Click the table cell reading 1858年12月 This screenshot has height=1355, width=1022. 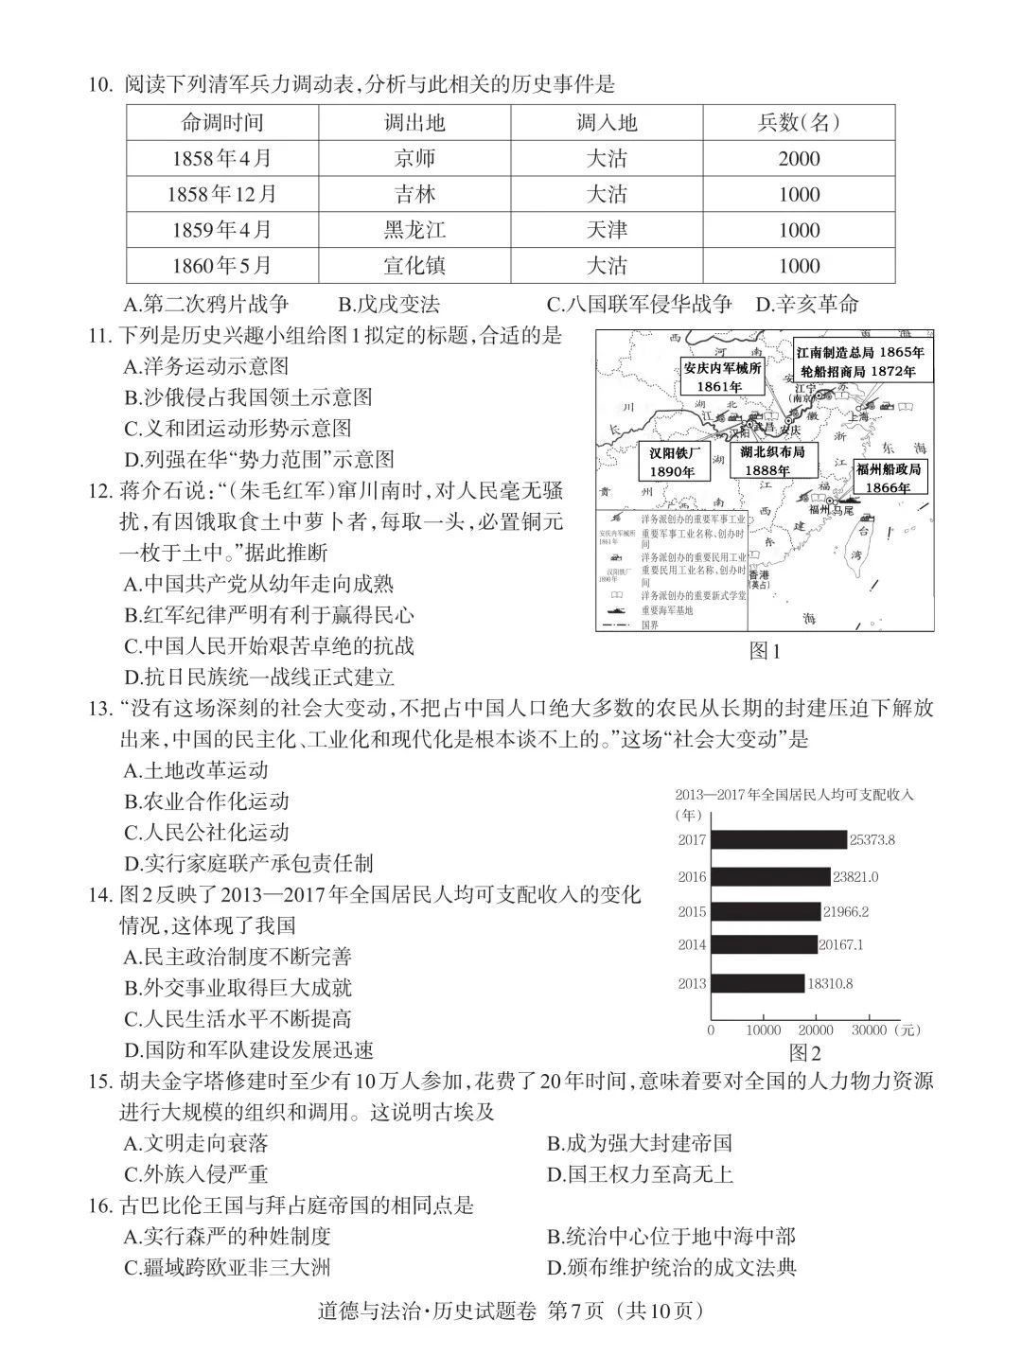click(222, 195)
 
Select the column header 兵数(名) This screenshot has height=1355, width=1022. click(799, 122)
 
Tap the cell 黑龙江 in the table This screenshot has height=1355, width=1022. click(414, 230)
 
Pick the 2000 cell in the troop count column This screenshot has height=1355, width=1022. click(799, 159)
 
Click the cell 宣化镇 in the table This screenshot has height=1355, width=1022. click(414, 266)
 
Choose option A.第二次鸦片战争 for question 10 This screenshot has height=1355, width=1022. click(206, 305)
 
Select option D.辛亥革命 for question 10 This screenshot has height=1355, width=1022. click(807, 305)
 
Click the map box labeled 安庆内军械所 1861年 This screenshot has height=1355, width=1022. click(722, 378)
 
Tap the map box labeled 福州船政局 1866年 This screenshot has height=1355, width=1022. click(888, 478)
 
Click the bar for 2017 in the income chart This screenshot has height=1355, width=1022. click(778, 839)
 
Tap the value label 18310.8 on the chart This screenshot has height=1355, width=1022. click(830, 984)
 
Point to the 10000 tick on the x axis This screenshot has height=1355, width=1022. click(763, 1029)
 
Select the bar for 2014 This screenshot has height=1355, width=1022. click(763, 944)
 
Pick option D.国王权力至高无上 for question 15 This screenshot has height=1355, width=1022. click(640, 1175)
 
